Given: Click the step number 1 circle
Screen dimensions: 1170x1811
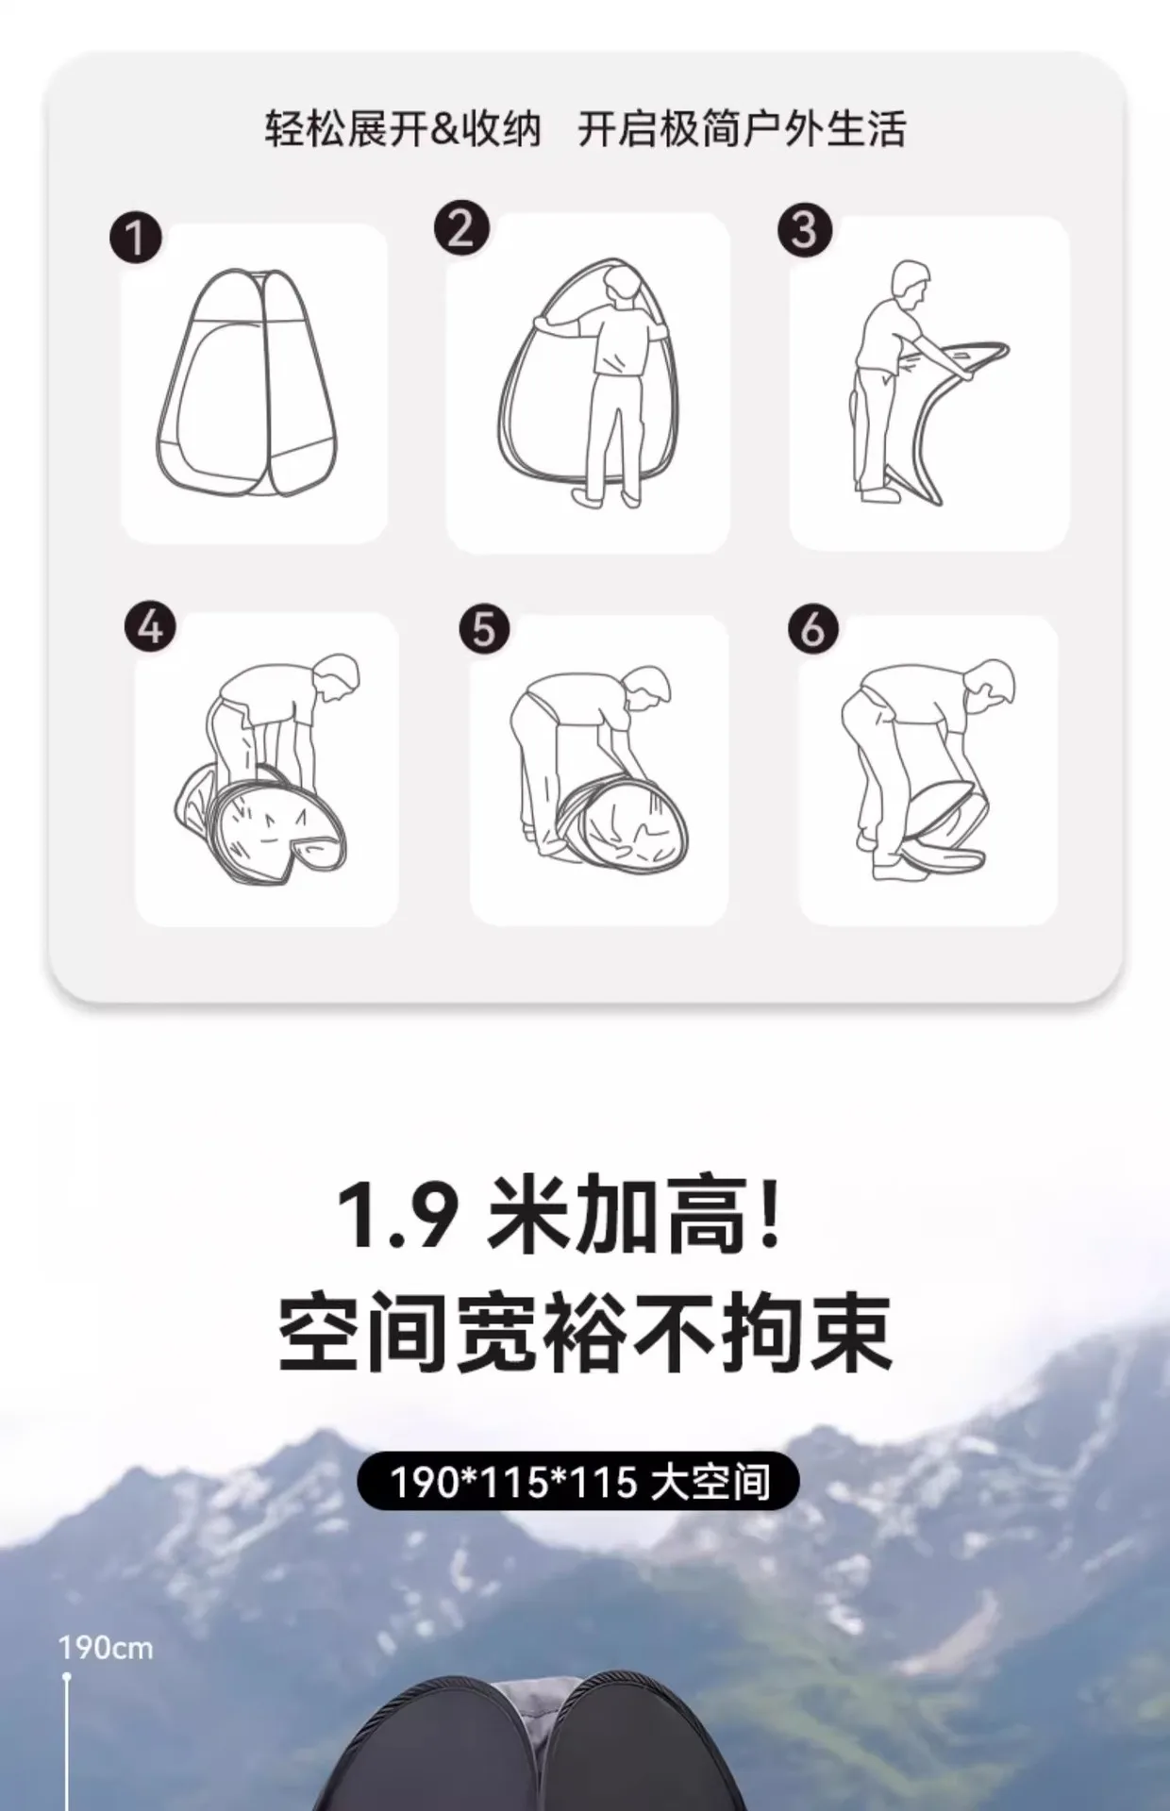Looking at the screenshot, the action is [x=136, y=237].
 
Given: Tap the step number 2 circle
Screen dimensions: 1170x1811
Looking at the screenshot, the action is [x=461, y=228].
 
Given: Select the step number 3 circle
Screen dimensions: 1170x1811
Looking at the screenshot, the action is [x=805, y=230].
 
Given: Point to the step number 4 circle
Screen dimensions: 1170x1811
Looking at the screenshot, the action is [x=151, y=627].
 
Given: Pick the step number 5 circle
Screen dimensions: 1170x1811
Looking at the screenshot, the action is [x=484, y=629].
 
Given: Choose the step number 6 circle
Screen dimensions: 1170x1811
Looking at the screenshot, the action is [x=813, y=629].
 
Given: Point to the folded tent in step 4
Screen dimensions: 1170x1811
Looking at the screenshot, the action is [x=261, y=824].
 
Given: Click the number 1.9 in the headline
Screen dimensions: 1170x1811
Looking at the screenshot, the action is [x=397, y=1218].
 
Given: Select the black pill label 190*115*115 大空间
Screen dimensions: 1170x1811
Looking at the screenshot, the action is [x=578, y=1482].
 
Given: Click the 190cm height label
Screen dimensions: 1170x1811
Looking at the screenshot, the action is [x=105, y=1648].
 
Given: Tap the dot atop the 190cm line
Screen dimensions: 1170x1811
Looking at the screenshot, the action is [x=67, y=1677].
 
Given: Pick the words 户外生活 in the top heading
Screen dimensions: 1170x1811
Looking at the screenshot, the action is [x=824, y=129].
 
